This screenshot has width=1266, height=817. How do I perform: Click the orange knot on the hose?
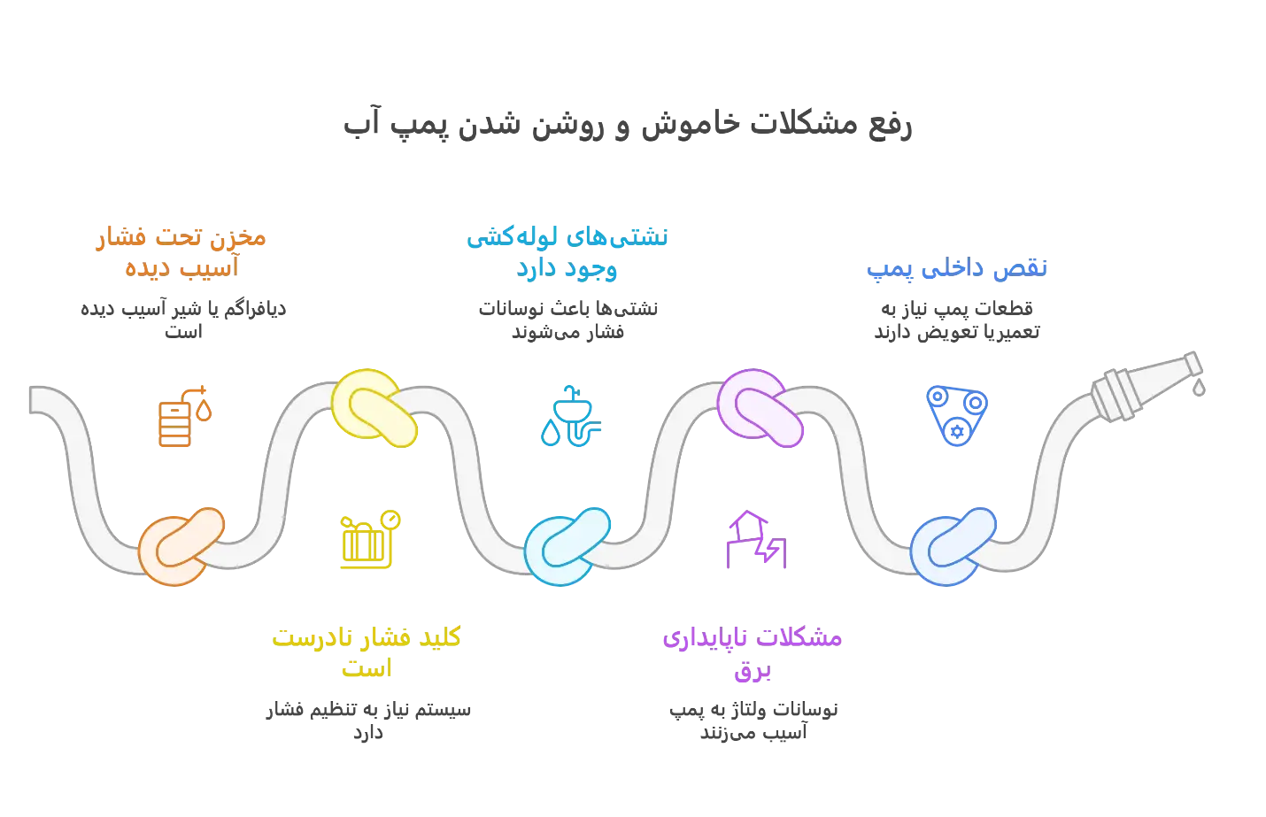pos(181,546)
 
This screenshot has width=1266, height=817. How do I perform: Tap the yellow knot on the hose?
pos(374,407)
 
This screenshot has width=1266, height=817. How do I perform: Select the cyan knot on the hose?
pos(567,545)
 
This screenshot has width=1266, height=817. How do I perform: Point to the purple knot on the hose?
pos(760,407)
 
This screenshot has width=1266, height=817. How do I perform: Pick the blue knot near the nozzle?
pos(953,546)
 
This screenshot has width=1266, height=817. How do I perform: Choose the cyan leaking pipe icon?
pos(569,416)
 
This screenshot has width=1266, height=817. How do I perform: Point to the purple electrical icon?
pos(754,541)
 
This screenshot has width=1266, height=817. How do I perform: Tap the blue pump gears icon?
pos(956,414)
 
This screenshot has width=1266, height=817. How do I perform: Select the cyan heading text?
pos(568,252)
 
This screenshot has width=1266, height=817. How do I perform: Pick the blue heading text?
pos(955,268)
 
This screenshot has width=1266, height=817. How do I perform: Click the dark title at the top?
pos(626,125)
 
